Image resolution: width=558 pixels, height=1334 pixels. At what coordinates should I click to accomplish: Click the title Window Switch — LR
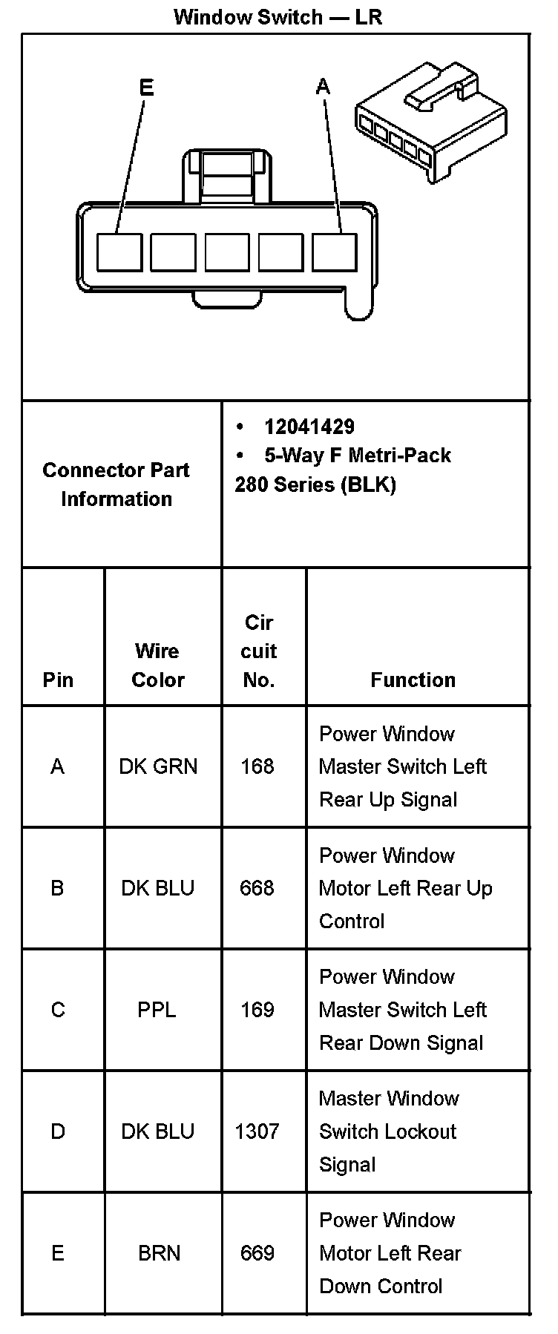click(278, 16)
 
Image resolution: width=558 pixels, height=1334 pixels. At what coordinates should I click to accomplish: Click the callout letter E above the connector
click(146, 88)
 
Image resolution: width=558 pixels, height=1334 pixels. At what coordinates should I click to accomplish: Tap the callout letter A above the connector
click(323, 87)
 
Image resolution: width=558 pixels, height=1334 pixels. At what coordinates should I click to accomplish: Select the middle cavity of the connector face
click(227, 252)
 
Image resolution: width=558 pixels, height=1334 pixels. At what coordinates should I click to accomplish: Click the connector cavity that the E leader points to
click(119, 252)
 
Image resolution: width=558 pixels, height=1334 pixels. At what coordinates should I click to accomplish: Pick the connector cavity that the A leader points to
click(334, 252)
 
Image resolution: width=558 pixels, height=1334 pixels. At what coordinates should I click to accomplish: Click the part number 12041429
click(309, 427)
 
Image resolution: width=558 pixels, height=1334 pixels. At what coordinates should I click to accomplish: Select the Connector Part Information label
click(116, 484)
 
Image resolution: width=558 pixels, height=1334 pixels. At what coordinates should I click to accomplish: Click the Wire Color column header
click(157, 665)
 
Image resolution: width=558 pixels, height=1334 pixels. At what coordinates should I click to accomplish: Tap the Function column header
click(413, 680)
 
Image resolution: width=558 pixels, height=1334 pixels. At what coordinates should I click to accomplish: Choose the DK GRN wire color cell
click(158, 766)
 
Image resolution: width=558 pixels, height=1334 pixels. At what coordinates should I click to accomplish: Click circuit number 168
click(257, 766)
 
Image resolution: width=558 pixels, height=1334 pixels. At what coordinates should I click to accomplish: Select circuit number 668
click(257, 888)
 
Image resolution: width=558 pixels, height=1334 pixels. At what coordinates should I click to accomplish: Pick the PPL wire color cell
click(157, 1010)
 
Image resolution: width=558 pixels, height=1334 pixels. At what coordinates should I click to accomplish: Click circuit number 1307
click(257, 1131)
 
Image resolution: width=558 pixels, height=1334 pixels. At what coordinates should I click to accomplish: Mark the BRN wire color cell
click(159, 1253)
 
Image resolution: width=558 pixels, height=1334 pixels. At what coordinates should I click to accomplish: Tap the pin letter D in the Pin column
click(58, 1131)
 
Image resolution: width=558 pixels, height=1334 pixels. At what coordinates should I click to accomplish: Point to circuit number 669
click(257, 1253)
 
